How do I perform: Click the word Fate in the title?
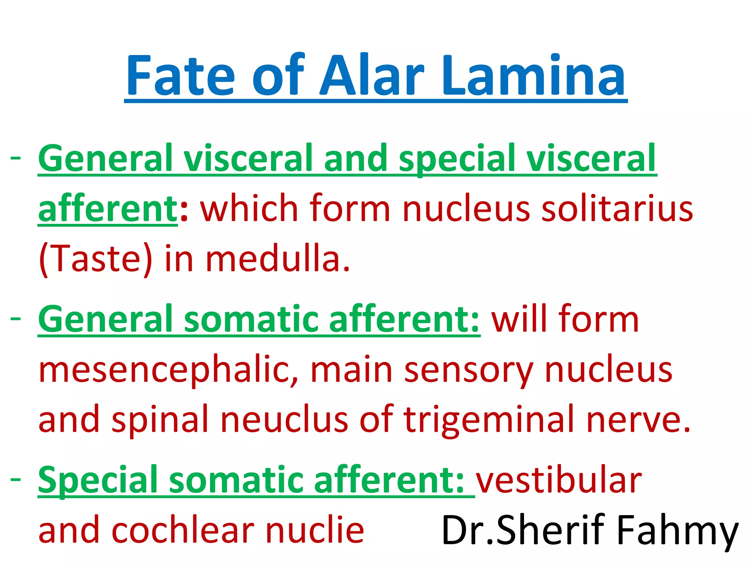click(180, 75)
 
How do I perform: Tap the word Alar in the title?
click(372, 75)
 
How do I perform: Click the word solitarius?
click(617, 209)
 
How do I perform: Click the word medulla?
click(278, 259)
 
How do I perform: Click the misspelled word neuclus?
click(284, 419)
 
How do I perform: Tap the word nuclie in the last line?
click(315, 529)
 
